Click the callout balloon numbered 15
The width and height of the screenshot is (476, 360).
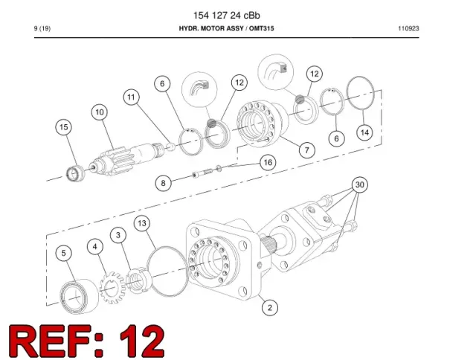(x=64, y=127)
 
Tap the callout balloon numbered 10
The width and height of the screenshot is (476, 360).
(x=100, y=112)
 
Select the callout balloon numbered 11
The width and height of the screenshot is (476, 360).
(x=131, y=97)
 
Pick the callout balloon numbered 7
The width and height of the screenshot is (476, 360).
(x=307, y=150)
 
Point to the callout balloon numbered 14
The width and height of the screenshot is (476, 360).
(x=364, y=132)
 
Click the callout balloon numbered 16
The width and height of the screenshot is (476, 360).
(x=268, y=162)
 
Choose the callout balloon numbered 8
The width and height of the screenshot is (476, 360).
(x=164, y=183)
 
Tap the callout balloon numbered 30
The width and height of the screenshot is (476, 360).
(x=360, y=184)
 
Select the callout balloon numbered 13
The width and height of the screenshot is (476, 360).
(x=142, y=223)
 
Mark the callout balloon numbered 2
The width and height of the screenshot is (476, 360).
(x=270, y=307)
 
